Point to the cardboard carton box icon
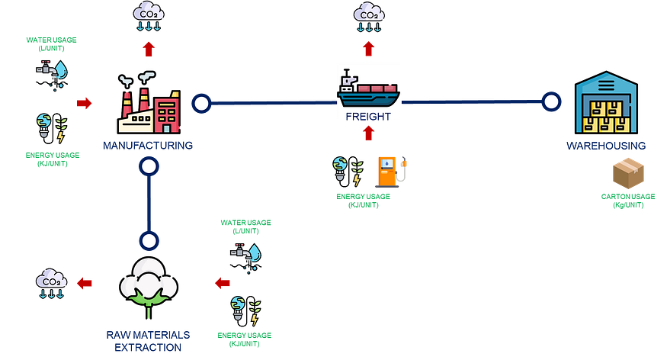point(629,174)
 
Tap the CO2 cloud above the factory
point(149,16)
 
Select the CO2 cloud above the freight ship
point(369,16)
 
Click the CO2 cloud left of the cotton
point(52,283)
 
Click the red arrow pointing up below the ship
point(369,133)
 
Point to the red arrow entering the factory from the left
point(85,103)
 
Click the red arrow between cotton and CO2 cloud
point(85,283)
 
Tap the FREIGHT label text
point(369,117)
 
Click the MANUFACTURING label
point(149,145)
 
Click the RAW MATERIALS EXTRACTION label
point(149,341)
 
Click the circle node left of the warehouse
point(551,102)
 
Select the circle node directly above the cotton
point(149,241)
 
